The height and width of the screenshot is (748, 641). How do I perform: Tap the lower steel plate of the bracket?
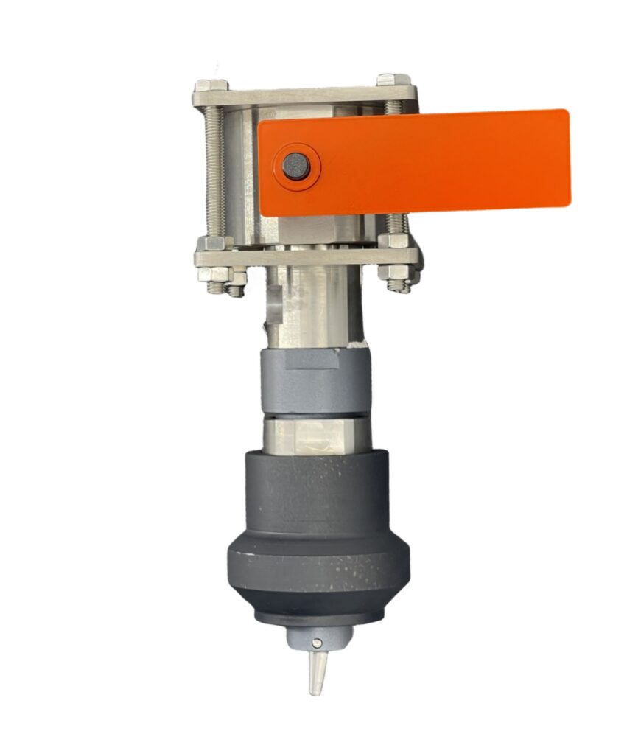click(x=306, y=257)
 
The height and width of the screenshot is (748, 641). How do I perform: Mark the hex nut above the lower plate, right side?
click(x=396, y=240)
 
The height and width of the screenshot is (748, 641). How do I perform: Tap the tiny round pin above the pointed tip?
click(x=317, y=643)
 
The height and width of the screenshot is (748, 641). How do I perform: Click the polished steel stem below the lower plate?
click(x=309, y=306)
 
